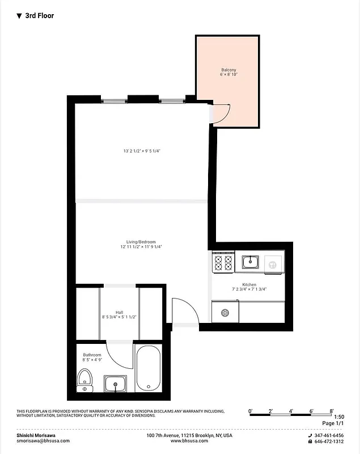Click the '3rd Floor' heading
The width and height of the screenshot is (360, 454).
[x=39, y=16]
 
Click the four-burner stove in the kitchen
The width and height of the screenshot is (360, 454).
[x=223, y=262]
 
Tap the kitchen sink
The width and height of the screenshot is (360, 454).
[x=250, y=262]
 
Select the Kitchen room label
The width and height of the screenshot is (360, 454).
[x=249, y=285]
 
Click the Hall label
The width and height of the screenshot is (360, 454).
[x=119, y=312]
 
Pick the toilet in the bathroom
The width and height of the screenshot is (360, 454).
[x=84, y=380]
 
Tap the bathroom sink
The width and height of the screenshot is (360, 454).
[x=116, y=384]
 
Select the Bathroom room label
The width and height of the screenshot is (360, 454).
[x=92, y=355]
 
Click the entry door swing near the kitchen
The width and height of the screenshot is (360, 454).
[x=184, y=311]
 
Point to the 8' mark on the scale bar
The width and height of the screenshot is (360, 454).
[x=332, y=410]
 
